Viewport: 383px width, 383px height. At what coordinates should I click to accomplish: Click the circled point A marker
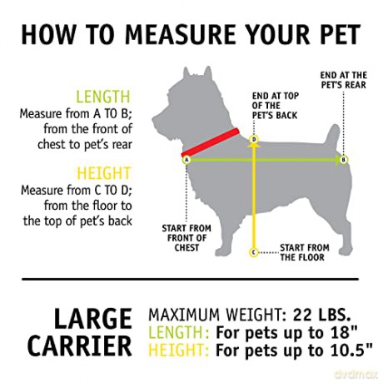187,160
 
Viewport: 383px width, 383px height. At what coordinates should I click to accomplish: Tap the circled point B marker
344,160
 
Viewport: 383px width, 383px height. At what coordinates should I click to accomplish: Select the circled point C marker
253,252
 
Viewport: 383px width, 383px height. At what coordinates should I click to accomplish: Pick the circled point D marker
253,139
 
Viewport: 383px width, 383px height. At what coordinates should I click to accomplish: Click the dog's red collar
211,142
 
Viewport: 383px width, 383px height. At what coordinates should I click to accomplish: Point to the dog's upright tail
331,137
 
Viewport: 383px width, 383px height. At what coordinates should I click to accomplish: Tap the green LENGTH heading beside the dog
103,97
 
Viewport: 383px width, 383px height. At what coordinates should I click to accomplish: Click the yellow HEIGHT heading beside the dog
103,173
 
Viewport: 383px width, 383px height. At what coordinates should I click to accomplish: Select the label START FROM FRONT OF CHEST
187,238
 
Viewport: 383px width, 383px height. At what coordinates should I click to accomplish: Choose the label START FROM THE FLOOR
305,252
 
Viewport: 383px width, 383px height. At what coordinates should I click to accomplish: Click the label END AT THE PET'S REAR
344,80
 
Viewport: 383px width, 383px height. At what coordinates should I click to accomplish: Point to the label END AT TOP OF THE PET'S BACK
275,106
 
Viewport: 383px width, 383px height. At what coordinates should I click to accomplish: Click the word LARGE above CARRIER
92,318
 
